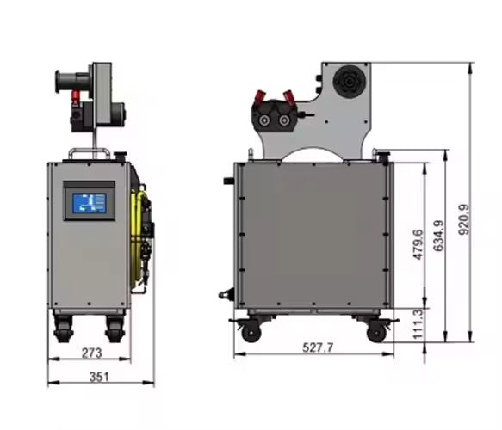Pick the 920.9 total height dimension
(x=465, y=219)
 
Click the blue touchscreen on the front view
(x=90, y=204)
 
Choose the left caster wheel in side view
(x=251, y=331)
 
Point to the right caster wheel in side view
(x=375, y=331)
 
